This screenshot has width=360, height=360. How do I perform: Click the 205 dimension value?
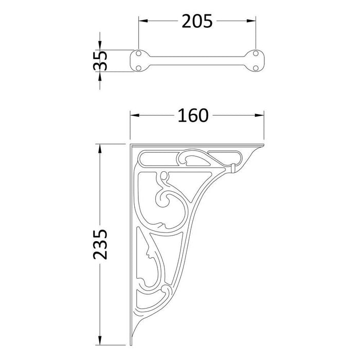197,21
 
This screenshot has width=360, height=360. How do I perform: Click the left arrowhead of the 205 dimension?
142,21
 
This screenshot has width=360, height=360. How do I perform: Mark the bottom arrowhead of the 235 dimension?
101,340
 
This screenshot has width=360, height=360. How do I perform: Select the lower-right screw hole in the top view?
256,66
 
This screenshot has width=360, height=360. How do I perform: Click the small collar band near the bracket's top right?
232,168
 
